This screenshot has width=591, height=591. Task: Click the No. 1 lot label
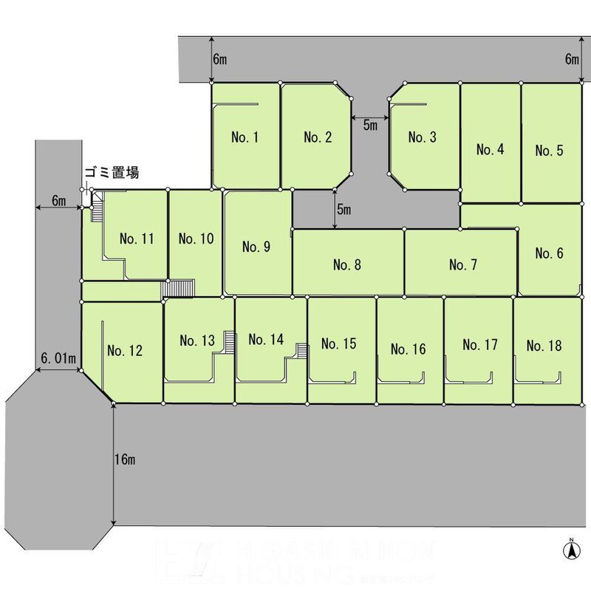click(x=245, y=137)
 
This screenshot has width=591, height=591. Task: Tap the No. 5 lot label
click(x=549, y=150)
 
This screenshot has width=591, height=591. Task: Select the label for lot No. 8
click(x=347, y=264)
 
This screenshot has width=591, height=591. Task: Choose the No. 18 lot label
click(x=544, y=345)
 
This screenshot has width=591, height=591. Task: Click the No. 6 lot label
click(x=549, y=253)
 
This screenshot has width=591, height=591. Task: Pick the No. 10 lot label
click(x=197, y=239)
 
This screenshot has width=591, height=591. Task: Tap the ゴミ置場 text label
click(x=112, y=173)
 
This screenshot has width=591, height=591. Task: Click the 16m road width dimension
click(x=126, y=460)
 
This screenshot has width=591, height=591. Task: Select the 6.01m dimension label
click(x=57, y=359)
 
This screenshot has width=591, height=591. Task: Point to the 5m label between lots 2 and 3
click(x=370, y=126)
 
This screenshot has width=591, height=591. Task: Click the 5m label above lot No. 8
click(x=344, y=210)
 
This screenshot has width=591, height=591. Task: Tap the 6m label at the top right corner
click(x=572, y=59)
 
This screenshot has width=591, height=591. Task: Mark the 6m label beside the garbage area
click(x=59, y=201)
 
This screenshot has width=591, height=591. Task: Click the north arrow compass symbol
click(x=570, y=550)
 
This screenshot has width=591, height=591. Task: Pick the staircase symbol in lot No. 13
click(x=229, y=341)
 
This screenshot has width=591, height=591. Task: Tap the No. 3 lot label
click(x=423, y=137)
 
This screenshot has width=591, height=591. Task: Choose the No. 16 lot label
click(x=409, y=349)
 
